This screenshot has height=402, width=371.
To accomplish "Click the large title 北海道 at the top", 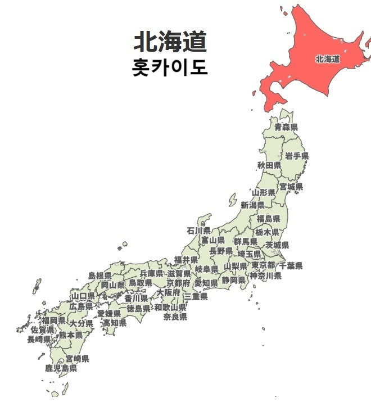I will click(170, 42).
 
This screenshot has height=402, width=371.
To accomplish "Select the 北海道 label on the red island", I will click(328, 58).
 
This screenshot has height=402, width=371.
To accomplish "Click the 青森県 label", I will click(286, 128).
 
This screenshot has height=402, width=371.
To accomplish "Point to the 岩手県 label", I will click(296, 156).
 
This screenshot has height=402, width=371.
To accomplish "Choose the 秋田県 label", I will click(269, 165).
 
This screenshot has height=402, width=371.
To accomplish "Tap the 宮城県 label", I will click(291, 187).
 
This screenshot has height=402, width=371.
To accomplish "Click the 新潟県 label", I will click(252, 205).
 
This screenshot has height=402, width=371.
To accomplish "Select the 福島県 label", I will click(268, 218).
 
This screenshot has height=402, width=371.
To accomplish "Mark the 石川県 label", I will click(199, 231).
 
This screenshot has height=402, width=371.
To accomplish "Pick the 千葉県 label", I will click(291, 265).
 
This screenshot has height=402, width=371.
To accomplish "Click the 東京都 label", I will click(263, 265).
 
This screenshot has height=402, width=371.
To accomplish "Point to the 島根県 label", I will click(100, 276).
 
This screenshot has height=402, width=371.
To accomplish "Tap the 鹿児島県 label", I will click(61, 368).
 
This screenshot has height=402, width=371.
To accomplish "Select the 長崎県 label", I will click(39, 339).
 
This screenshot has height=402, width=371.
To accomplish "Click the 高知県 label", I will click(114, 323).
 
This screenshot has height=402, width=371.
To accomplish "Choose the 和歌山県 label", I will click(170, 308).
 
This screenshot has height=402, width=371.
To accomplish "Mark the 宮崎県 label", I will click(78, 358).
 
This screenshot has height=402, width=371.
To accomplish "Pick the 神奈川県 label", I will click(265, 275).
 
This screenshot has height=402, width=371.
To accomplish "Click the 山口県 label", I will click(83, 296).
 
